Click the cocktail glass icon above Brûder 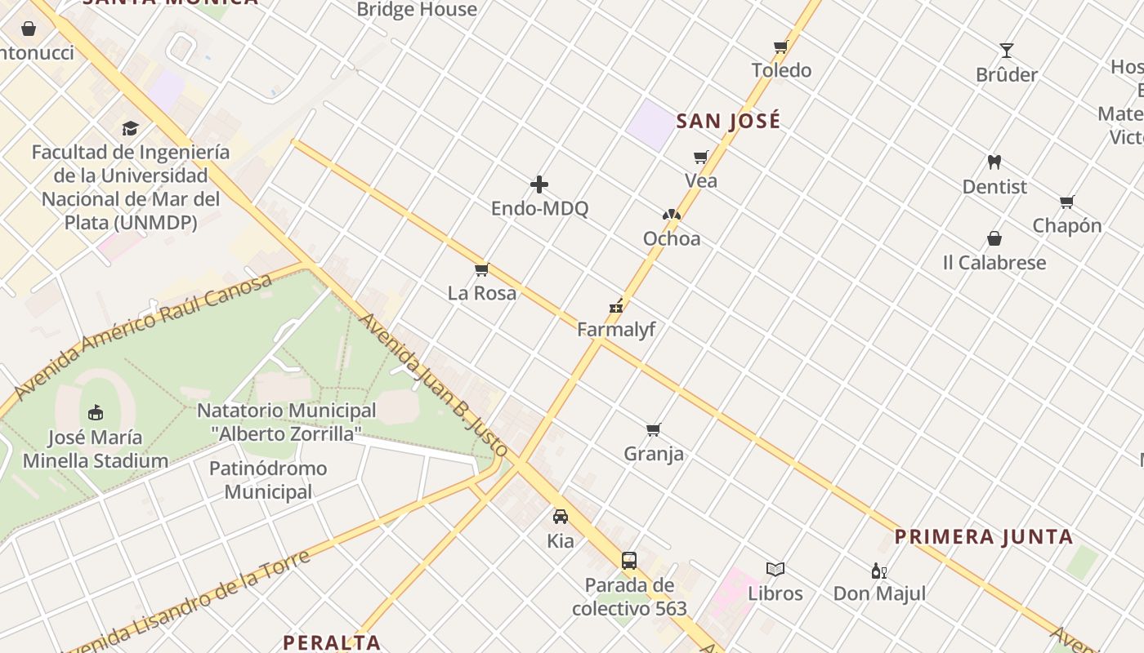(x=1007, y=51)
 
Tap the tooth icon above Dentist (x=994, y=162)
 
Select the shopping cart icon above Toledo (x=780, y=47)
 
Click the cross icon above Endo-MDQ (x=539, y=184)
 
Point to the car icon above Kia (x=561, y=517)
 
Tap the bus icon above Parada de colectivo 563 (x=628, y=561)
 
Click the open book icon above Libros (x=775, y=569)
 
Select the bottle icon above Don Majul (x=879, y=571)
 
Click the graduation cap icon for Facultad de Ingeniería (x=131, y=128)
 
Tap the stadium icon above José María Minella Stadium (x=96, y=412)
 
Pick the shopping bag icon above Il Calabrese (x=994, y=238)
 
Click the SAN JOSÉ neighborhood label (x=728, y=122)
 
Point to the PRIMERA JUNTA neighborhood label (x=984, y=537)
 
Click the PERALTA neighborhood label (x=332, y=642)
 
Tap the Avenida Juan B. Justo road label (x=434, y=384)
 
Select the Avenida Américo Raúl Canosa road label (x=143, y=335)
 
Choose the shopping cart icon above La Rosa (x=481, y=269)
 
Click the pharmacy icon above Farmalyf (x=616, y=307)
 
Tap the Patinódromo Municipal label (x=268, y=480)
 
